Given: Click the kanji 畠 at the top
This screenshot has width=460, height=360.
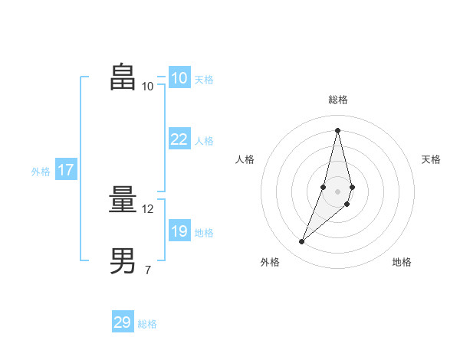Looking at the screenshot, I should (x=123, y=77).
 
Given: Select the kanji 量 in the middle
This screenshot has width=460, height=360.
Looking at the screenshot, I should (x=123, y=201).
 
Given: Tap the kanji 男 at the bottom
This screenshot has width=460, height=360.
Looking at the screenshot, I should (x=123, y=261).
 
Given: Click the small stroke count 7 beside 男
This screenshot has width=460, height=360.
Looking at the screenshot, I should (x=147, y=270).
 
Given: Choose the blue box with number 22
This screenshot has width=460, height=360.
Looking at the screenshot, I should (x=179, y=139).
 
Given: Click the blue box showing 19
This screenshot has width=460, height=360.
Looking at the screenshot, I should (x=179, y=231).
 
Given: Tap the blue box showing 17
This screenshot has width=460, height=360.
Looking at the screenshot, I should (x=65, y=170).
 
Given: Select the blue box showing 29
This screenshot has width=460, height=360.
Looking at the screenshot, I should (x=122, y=322).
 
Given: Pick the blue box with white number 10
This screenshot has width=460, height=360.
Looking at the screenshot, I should (x=179, y=77).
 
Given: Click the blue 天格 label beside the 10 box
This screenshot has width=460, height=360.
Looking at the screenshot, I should (x=204, y=79).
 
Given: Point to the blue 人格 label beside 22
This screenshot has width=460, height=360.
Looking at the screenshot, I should (x=204, y=140).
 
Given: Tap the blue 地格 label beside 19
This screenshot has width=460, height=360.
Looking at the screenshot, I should (x=204, y=232).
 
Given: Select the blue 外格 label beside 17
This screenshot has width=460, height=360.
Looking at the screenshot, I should (x=41, y=172).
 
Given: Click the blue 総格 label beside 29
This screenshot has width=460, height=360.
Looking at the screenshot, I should (x=147, y=324).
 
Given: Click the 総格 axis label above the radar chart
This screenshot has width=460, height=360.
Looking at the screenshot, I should (x=338, y=100).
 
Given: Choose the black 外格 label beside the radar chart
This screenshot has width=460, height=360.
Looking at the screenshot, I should (x=270, y=262).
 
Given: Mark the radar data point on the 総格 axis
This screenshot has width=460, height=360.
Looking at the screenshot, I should (x=337, y=130).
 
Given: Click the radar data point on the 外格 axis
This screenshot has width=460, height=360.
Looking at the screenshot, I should (x=302, y=242).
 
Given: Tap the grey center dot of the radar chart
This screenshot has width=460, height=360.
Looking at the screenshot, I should (x=337, y=191).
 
